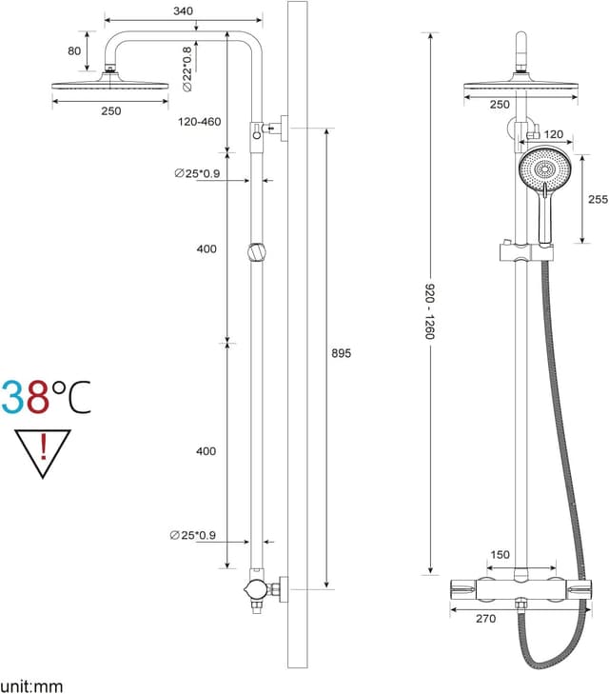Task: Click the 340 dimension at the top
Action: (x=184, y=10)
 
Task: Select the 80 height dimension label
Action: (x=74, y=50)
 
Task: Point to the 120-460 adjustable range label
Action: (x=199, y=122)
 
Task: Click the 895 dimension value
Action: (x=341, y=353)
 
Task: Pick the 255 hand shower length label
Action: (x=598, y=199)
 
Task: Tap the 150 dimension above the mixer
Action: (x=500, y=555)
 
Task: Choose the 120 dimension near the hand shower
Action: (x=553, y=134)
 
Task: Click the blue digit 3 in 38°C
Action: (x=13, y=397)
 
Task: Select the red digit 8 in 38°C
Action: (x=37, y=397)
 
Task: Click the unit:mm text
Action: (x=31, y=684)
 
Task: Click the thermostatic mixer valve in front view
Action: (x=520, y=591)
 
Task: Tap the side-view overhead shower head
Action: (x=110, y=85)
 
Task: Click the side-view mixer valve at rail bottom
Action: (x=258, y=590)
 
